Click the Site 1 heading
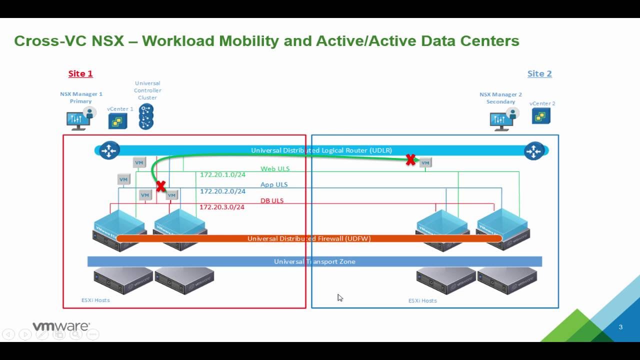80,73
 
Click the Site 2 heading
539,73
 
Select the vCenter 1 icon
117,121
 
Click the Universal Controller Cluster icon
146,116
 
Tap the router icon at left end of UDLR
108,150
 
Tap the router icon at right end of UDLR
533,150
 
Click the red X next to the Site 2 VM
410,160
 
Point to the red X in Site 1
160,186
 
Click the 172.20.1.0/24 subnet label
222,175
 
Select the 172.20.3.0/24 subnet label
222,207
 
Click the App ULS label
274,184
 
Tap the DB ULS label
272,200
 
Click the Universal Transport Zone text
314,261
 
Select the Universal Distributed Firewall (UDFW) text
309,238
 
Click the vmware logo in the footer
61,326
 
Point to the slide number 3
620,327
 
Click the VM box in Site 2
425,162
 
